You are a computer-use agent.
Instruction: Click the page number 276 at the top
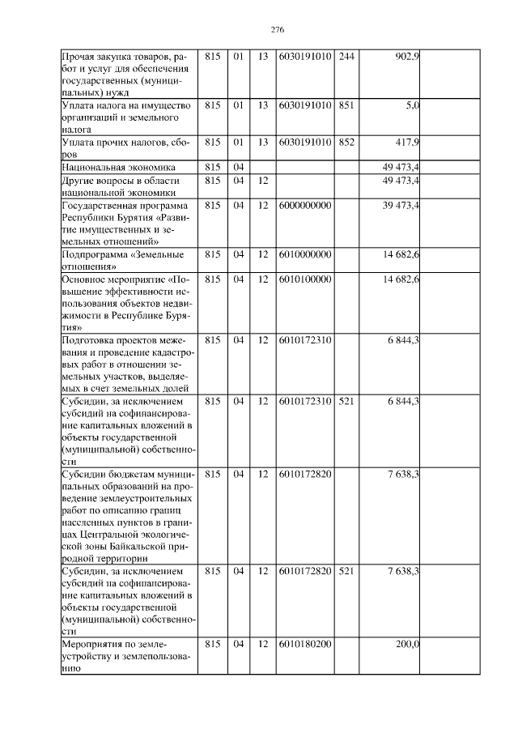tap(277, 30)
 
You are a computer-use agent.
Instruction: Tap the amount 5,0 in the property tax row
tap(412, 105)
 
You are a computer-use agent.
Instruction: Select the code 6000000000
tap(304, 205)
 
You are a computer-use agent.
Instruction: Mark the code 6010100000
tap(304, 279)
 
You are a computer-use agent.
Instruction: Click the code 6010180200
tap(304, 645)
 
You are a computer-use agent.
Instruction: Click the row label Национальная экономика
tap(113, 167)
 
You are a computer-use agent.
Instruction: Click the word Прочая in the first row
tap(80, 56)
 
